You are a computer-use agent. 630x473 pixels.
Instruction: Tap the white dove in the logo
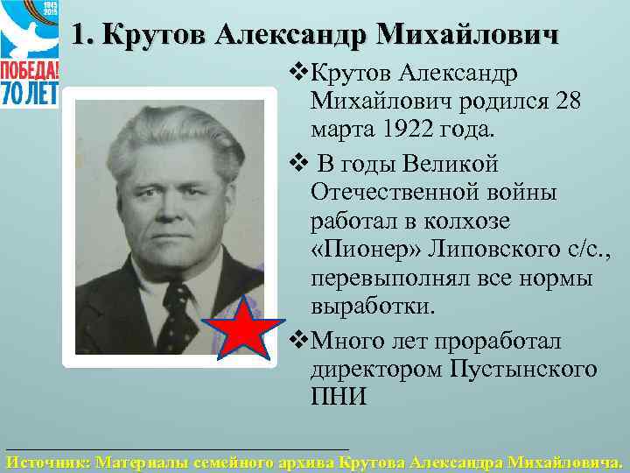pyautogui.click(x=26, y=32)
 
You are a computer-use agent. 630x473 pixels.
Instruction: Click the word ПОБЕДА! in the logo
pyautogui.click(x=30, y=69)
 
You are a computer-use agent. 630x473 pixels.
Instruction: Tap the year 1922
pyautogui.click(x=411, y=130)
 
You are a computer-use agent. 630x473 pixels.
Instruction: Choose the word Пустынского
pyautogui.click(x=524, y=368)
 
